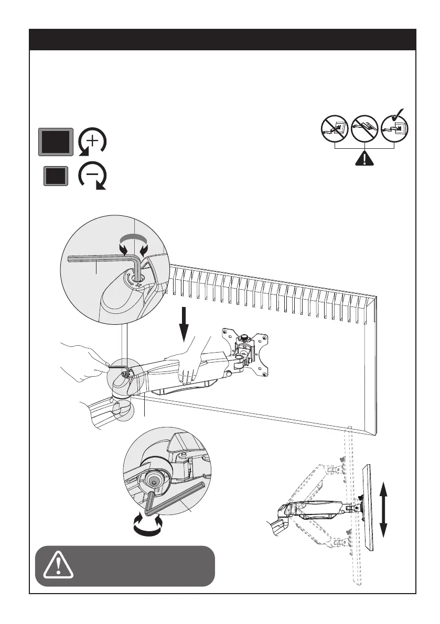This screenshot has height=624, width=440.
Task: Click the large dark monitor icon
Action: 56,141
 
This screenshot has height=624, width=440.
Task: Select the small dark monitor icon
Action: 56,176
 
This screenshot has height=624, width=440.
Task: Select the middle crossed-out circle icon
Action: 364,128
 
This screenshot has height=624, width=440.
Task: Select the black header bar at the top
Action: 223,39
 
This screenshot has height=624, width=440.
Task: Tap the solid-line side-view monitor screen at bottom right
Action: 369,507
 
